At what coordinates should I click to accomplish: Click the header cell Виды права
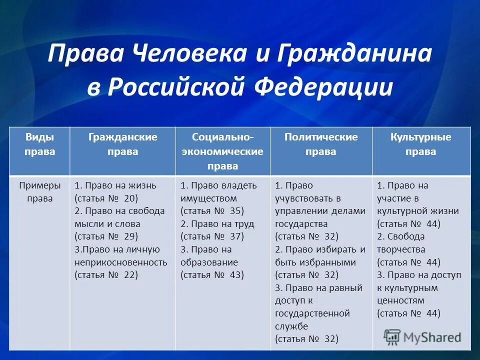click(x=39, y=144)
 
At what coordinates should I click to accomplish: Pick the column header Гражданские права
click(x=122, y=144)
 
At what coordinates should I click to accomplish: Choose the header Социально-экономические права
click(x=222, y=151)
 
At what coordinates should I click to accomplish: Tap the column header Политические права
click(x=321, y=144)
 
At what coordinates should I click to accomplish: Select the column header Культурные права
click(x=420, y=144)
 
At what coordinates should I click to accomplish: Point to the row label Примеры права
click(x=39, y=191)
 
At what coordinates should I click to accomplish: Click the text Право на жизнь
click(x=120, y=185)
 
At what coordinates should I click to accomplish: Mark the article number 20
click(x=131, y=198)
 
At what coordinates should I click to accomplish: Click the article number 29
click(x=131, y=236)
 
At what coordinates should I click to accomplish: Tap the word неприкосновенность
click(x=121, y=262)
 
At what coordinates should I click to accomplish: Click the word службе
click(x=291, y=326)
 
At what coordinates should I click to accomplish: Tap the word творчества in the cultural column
click(x=401, y=249)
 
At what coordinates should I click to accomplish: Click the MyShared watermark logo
click(x=422, y=336)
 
